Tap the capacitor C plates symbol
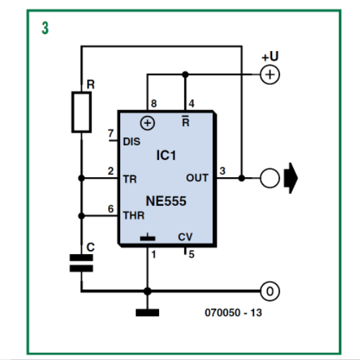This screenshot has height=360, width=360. (81, 264)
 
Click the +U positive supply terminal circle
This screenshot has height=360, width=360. (270, 75)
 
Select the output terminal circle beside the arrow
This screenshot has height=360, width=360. (270, 178)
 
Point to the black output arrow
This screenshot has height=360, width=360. (291, 178)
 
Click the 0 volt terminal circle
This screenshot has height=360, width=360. (270, 291)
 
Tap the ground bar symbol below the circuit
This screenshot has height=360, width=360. (148, 312)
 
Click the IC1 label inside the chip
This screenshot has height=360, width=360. (166, 156)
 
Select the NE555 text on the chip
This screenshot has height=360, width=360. (166, 201)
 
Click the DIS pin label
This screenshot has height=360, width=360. (132, 142)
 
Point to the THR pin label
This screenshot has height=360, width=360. (134, 215)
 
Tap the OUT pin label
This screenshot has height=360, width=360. (197, 178)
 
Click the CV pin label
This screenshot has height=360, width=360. (185, 237)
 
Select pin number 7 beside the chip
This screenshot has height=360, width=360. (110, 133)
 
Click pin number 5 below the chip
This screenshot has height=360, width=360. (192, 254)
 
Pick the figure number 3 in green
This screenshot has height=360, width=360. (45, 28)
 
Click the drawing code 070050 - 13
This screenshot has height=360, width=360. (233, 312)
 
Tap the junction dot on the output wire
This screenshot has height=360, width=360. (242, 178)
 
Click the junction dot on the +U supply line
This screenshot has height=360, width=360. (185, 75)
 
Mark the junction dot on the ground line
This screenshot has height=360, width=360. (148, 291)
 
